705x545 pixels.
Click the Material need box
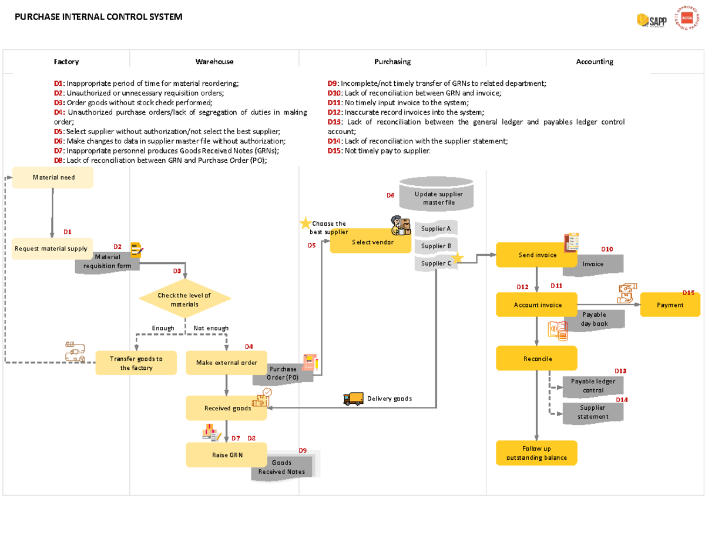[53, 178]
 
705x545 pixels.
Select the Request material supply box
[52, 249]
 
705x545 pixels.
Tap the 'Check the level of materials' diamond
[184, 299]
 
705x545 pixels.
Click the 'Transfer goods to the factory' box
[136, 363]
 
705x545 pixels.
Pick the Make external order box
[226, 363]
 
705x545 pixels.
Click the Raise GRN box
[226, 455]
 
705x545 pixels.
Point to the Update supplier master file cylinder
[436, 197]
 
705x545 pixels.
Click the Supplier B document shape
[435, 246]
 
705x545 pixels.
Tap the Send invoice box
[536, 255]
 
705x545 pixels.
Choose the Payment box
[670, 305]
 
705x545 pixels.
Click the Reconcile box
[536, 358]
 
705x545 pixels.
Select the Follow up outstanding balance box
[536, 453]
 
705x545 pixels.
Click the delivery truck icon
[353, 399]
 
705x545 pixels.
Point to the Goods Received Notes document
[282, 467]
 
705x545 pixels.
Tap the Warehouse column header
[214, 62]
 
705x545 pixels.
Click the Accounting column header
[594, 62]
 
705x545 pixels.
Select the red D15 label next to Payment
[688, 293]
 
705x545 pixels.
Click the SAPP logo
[652, 21]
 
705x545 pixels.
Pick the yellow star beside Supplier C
[457, 258]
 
